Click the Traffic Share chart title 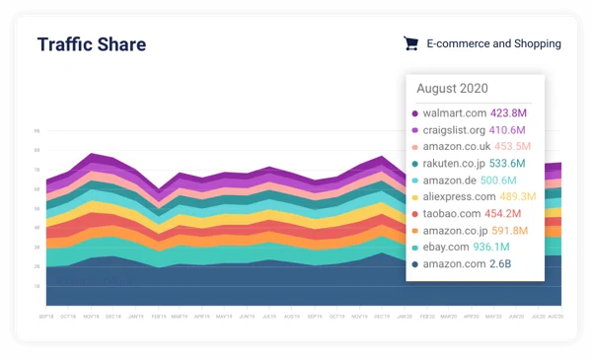[91, 44]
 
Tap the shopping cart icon [410, 43]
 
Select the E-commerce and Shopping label [493, 43]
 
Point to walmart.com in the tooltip [455, 112]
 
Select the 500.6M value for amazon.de [500, 180]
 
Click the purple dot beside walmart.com [415, 113]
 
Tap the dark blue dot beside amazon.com [415, 263]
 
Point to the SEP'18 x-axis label [46, 316]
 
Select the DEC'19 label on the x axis [383, 316]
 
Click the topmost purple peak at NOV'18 [92, 155]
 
